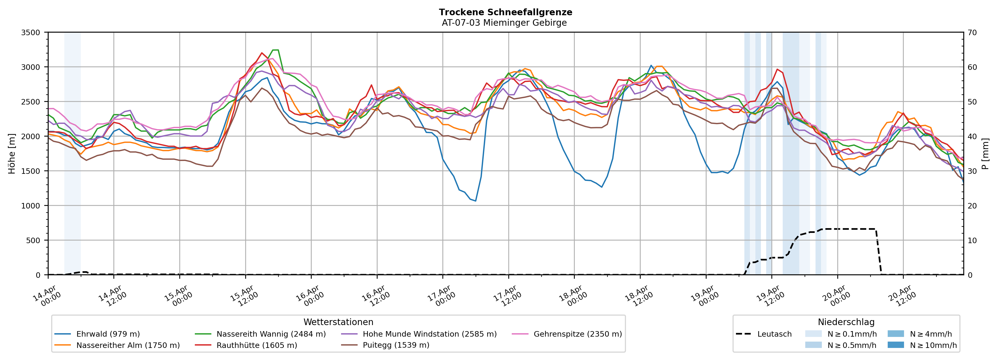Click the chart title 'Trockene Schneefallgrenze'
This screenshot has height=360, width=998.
(505, 12)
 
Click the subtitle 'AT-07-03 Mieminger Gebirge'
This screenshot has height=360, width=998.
(504, 23)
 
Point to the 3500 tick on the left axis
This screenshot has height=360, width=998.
(31, 33)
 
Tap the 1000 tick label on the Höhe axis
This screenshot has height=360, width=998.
(31, 206)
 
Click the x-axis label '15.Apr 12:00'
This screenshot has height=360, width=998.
(242, 296)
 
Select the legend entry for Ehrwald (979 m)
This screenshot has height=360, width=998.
(108, 334)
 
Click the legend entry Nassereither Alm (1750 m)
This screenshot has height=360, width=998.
(128, 345)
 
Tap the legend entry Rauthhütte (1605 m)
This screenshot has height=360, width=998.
(257, 345)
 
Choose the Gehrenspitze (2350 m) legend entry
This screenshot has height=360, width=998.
(577, 334)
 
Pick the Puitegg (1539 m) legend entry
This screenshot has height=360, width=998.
(396, 345)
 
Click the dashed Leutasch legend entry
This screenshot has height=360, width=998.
(774, 334)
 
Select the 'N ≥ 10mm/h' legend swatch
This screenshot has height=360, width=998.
(895, 345)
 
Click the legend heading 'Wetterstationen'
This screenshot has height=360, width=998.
(338, 322)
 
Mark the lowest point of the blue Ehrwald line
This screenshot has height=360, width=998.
(475, 201)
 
